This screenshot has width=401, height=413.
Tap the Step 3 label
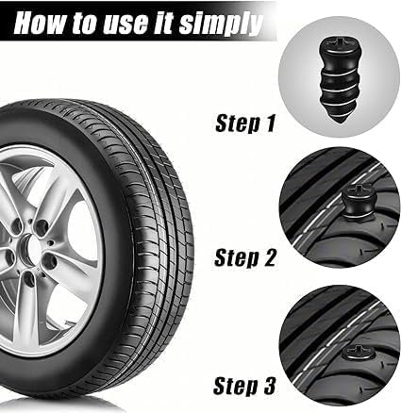point(248,385)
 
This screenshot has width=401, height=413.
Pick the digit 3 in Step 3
point(273,385)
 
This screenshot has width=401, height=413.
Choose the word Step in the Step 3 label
point(237,385)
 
